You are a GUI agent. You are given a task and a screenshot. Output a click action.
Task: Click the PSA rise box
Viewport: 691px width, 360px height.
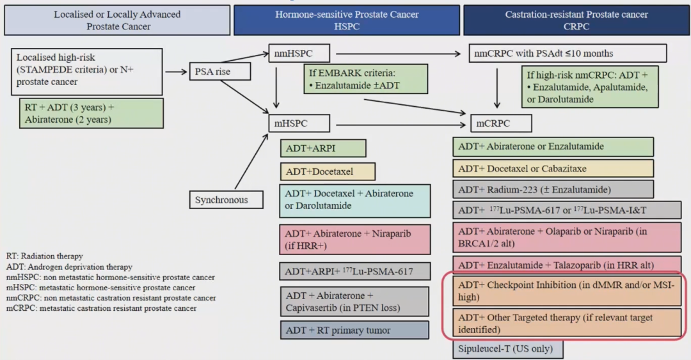point(219,72)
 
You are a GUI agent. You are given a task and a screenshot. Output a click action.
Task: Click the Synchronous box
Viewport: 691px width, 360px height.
point(221,200)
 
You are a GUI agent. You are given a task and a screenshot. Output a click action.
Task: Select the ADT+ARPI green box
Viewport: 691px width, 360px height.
point(322,148)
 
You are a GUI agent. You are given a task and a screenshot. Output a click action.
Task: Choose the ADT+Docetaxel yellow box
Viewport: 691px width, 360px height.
point(327,171)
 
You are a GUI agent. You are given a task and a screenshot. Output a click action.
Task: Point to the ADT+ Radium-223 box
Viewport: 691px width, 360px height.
point(553,189)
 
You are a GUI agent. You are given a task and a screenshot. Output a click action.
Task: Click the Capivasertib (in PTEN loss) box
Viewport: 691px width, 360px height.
point(354,301)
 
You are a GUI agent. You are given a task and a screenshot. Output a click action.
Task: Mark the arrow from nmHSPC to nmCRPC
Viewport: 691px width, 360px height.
point(397,54)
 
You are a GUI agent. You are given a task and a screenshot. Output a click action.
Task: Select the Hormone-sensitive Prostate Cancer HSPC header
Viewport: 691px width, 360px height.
point(346,20)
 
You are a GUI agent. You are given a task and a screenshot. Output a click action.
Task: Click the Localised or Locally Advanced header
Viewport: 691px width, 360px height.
point(117,20)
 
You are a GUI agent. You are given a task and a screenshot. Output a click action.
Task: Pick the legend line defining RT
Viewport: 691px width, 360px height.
point(45,256)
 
